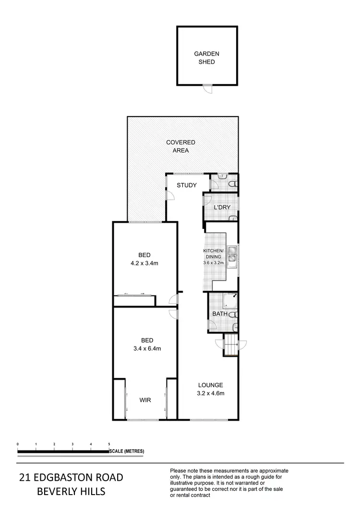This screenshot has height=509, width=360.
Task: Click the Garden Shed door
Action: coord(207,89)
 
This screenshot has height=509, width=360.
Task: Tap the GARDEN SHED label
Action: coord(204,58)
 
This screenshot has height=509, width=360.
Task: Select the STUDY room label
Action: coord(187,185)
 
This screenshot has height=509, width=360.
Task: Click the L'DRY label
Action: coord(222,207)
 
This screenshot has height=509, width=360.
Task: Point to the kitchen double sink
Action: coord(232,255)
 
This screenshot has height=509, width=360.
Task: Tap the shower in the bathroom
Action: coord(229,300)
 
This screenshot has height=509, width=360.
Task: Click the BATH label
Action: coord(220,314)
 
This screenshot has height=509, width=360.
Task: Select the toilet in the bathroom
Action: coord(233,315)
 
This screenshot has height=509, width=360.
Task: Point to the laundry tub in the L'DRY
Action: coord(233,218)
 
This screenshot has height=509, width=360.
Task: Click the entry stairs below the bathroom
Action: coord(231,344)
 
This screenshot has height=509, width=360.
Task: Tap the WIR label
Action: coord(146,400)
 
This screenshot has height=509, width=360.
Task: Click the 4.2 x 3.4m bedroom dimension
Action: coord(145,263)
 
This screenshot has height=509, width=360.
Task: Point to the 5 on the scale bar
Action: coord(109,444)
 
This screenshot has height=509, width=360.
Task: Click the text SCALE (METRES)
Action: coord(127,451)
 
